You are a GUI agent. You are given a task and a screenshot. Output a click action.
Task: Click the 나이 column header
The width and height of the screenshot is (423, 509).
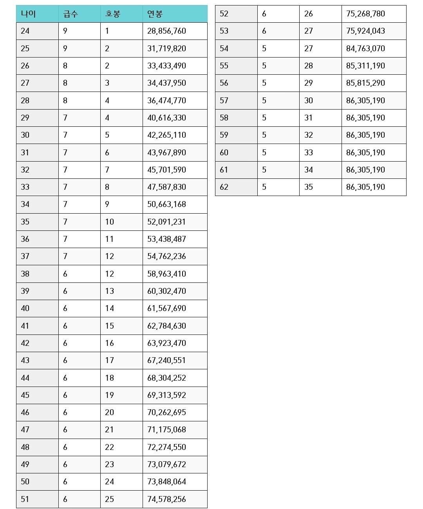(x=28, y=14)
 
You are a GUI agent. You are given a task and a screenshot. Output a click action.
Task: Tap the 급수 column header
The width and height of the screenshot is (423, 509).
(x=70, y=14)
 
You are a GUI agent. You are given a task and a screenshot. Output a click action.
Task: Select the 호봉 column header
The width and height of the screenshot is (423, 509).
(x=113, y=14)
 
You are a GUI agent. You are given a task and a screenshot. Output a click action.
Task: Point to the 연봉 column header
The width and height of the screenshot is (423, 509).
(x=155, y=14)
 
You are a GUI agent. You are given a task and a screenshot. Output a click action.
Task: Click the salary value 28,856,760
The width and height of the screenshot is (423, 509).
(x=166, y=31)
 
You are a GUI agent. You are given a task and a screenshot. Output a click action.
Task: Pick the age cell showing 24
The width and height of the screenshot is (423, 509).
(x=25, y=31)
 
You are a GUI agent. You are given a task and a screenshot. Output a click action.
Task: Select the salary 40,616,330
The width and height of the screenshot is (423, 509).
(x=166, y=118)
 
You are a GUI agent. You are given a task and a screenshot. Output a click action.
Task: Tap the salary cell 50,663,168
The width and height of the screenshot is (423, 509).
(x=166, y=204)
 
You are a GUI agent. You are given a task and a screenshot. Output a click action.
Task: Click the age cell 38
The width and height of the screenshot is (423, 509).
(x=25, y=274)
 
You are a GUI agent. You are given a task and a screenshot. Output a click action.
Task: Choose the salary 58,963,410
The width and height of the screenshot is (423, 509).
(x=166, y=274)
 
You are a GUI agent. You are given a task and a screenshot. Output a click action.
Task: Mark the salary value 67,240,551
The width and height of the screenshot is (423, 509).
(x=166, y=360)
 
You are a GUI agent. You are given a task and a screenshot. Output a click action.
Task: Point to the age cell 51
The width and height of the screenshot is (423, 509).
(x=25, y=499)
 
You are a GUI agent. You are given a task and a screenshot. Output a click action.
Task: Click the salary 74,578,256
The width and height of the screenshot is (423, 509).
(x=166, y=499)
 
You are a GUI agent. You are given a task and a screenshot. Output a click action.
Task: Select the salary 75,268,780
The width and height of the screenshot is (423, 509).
(x=365, y=14)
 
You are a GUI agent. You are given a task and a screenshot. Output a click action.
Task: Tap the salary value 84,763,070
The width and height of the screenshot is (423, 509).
(x=365, y=49)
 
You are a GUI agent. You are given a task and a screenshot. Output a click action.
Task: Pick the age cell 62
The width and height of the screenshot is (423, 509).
(x=224, y=187)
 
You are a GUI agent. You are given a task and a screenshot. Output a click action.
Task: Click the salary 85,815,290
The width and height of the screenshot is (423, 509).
(x=365, y=83)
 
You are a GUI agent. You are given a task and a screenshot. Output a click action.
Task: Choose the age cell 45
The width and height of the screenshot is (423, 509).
(x=25, y=395)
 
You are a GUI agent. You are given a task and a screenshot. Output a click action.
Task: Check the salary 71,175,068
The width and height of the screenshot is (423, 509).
(x=166, y=430)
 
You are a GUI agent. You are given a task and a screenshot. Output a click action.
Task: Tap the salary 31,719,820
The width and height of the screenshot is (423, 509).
(x=166, y=49)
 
